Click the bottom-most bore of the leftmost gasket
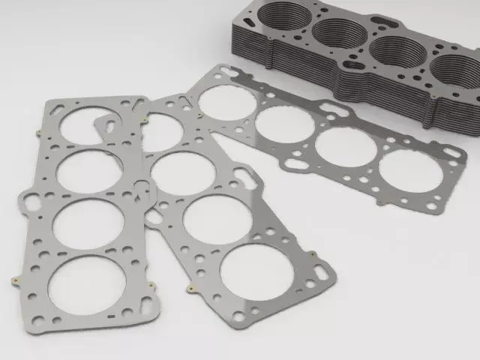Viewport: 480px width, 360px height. [x=87, y=284]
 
